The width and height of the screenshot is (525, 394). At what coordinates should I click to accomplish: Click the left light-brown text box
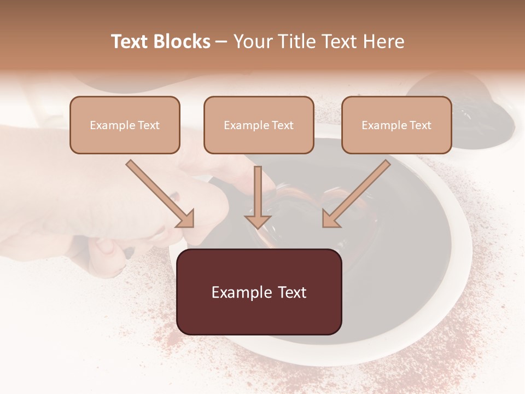pos(125,125)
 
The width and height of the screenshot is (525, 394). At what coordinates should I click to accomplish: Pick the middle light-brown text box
pos(259,125)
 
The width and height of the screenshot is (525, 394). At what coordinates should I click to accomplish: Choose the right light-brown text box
pos(396,125)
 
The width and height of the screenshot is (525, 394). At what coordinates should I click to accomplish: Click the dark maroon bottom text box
pos(259,292)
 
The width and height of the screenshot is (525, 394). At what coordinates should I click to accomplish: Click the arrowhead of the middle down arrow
pos(258,221)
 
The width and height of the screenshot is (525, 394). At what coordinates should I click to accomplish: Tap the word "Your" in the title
pos(250,42)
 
